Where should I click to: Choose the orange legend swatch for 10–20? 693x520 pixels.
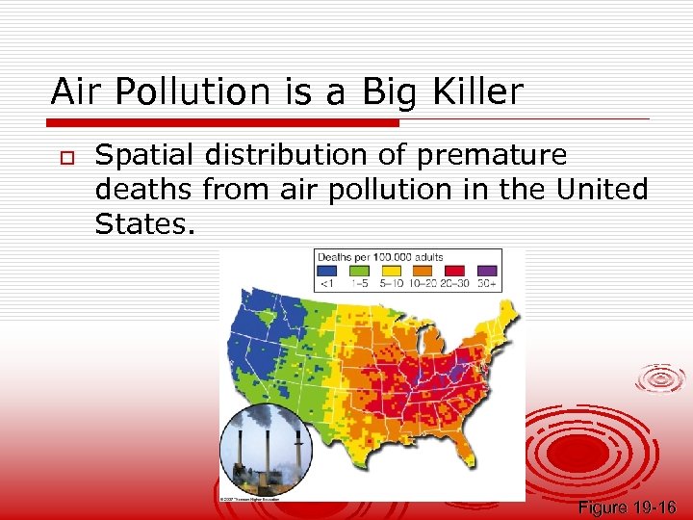423,271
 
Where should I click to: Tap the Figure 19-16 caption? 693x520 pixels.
627,507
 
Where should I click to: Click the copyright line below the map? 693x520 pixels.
250,499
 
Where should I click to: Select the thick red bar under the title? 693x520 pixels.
224,123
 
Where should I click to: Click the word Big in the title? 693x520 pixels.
391,91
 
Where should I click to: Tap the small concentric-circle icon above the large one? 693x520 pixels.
661,378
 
